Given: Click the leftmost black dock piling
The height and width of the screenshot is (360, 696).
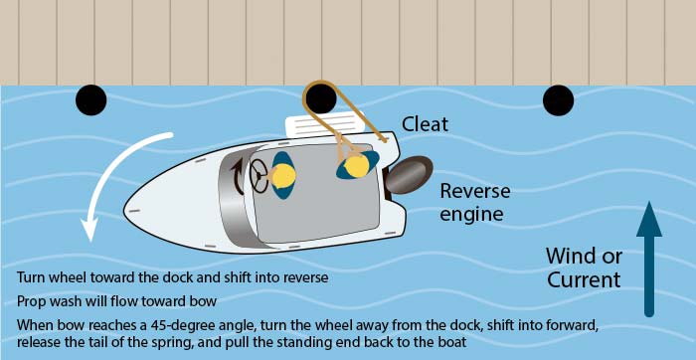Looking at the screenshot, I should pyautogui.click(x=90, y=99).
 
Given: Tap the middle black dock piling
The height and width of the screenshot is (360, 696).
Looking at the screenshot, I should pyautogui.click(x=320, y=99).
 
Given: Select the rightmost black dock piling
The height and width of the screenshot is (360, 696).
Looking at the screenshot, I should pyautogui.click(x=558, y=99).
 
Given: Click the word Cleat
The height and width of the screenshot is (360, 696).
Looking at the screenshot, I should pyautogui.click(x=426, y=124).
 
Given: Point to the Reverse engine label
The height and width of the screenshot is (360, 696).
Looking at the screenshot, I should pyautogui.click(x=474, y=202).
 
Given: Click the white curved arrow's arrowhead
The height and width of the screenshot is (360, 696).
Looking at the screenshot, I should pyautogui.click(x=88, y=231).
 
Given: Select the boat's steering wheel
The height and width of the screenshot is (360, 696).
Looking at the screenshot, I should pyautogui.click(x=261, y=176).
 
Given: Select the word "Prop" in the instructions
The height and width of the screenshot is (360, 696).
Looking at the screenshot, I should pyautogui.click(x=31, y=300).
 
